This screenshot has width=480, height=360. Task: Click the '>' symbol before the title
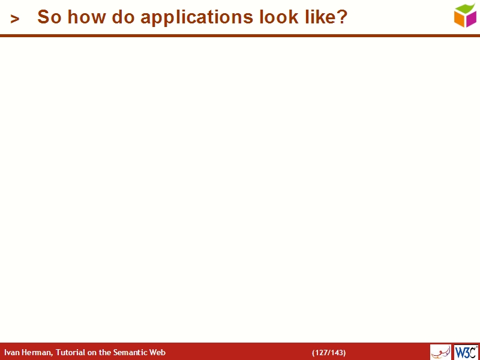pos(15,19)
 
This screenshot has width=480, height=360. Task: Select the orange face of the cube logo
pos(460,19)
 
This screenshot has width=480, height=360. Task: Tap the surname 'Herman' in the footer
pos(37,353)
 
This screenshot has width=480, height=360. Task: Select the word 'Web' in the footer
pos(158,353)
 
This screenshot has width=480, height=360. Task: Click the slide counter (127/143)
pos(329,353)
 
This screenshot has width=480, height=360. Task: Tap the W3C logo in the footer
pos(466,352)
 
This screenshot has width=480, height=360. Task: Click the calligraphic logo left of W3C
pos(440,352)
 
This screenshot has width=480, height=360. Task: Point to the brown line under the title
pos(240,36)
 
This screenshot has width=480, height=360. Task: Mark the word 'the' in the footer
pos(106,353)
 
